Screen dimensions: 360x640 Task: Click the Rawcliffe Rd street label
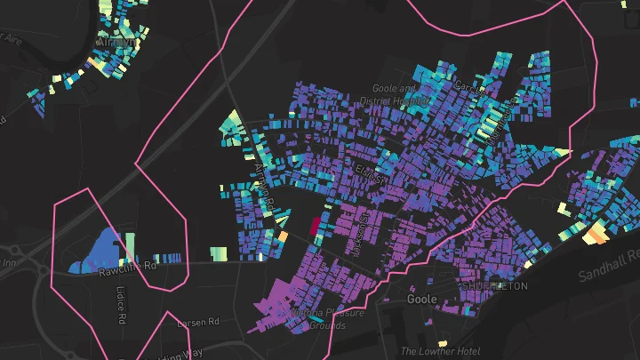click(x=127, y=264)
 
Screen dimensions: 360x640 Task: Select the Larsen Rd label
click(x=197, y=322)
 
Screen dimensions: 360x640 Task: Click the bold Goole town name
click(x=420, y=300)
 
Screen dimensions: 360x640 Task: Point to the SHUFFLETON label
click(x=494, y=286)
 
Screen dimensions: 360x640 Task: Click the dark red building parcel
click(x=314, y=226)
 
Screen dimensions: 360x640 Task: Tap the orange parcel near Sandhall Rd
click(x=594, y=234)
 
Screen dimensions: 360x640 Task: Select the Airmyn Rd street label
click(x=265, y=182)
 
